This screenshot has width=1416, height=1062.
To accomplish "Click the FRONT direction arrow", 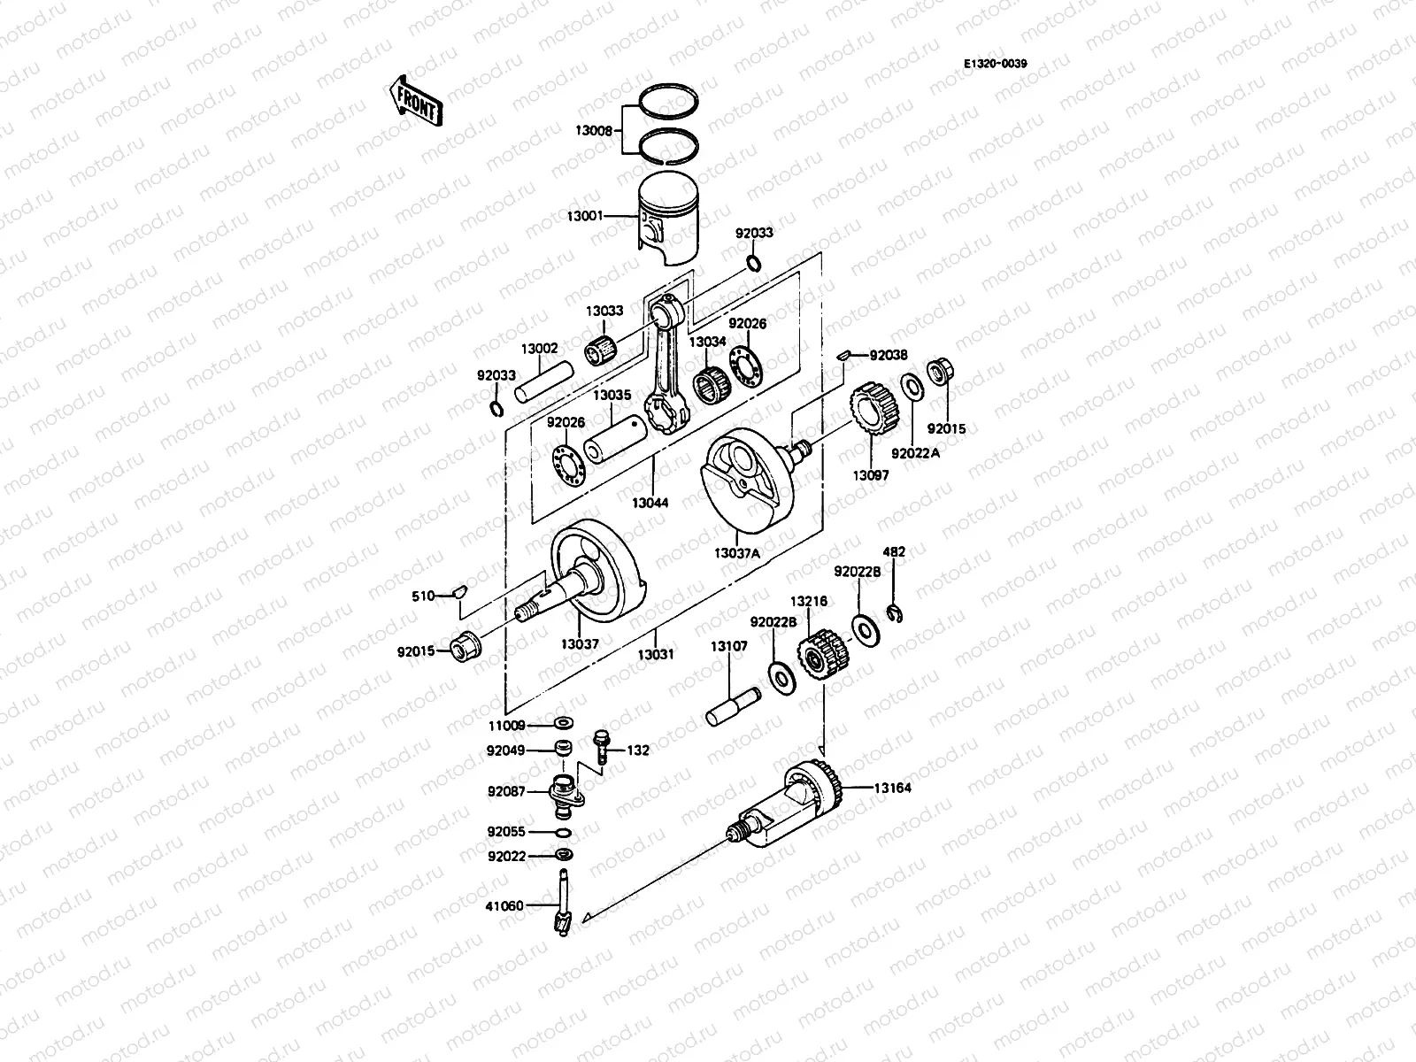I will (x=414, y=101).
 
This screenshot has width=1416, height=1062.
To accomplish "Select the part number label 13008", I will (x=594, y=130).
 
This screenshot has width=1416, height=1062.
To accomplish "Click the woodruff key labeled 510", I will (x=458, y=591).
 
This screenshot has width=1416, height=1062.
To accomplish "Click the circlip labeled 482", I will (x=894, y=613).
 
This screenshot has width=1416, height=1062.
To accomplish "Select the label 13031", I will (x=657, y=655).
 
